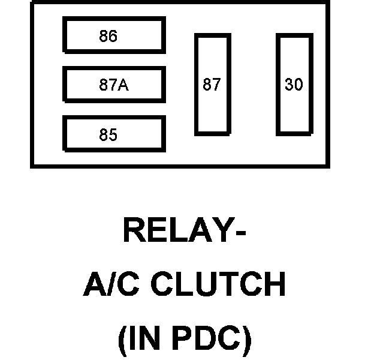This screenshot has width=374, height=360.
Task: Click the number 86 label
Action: point(108,37)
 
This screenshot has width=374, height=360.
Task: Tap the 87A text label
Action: point(114,85)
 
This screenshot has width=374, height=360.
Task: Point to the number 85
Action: point(108,135)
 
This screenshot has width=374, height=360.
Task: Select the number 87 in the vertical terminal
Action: point(212,85)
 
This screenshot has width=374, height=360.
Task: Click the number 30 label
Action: point(294,85)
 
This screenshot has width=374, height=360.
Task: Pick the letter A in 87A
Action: point(123,85)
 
